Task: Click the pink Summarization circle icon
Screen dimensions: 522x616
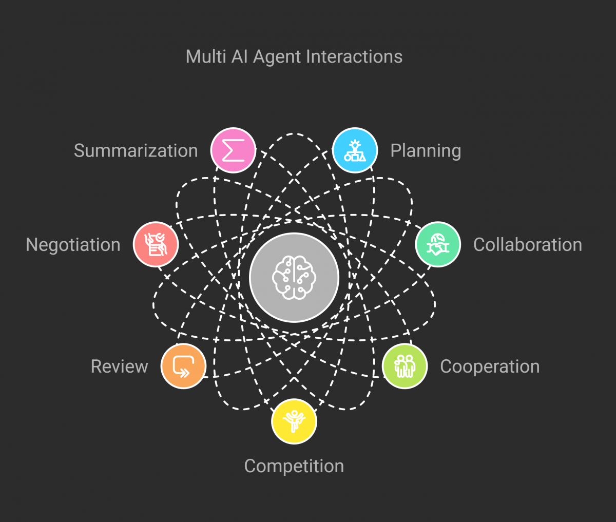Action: pyautogui.click(x=233, y=150)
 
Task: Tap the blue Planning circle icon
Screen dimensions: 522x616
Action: pyautogui.click(x=355, y=150)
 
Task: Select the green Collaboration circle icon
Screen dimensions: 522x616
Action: pyautogui.click(x=438, y=244)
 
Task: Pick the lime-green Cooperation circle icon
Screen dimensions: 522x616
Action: pyautogui.click(x=405, y=366)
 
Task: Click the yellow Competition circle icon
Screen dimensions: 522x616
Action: pyautogui.click(x=294, y=421)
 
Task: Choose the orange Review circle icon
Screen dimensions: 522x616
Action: pyautogui.click(x=183, y=366)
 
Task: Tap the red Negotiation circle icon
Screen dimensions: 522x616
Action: pyautogui.click(x=156, y=244)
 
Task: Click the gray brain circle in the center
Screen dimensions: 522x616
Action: pyautogui.click(x=294, y=277)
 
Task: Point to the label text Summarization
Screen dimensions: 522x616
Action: pyautogui.click(x=136, y=151)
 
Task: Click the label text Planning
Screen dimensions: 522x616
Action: pyautogui.click(x=426, y=151)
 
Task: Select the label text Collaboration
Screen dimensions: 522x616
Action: pyautogui.click(x=527, y=245)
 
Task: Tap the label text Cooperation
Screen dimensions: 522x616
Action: pyautogui.click(x=490, y=366)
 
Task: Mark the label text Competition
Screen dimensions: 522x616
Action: pyautogui.click(x=294, y=466)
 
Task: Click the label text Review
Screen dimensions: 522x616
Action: pyautogui.click(x=119, y=366)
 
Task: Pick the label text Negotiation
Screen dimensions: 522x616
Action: pyautogui.click(x=73, y=245)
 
